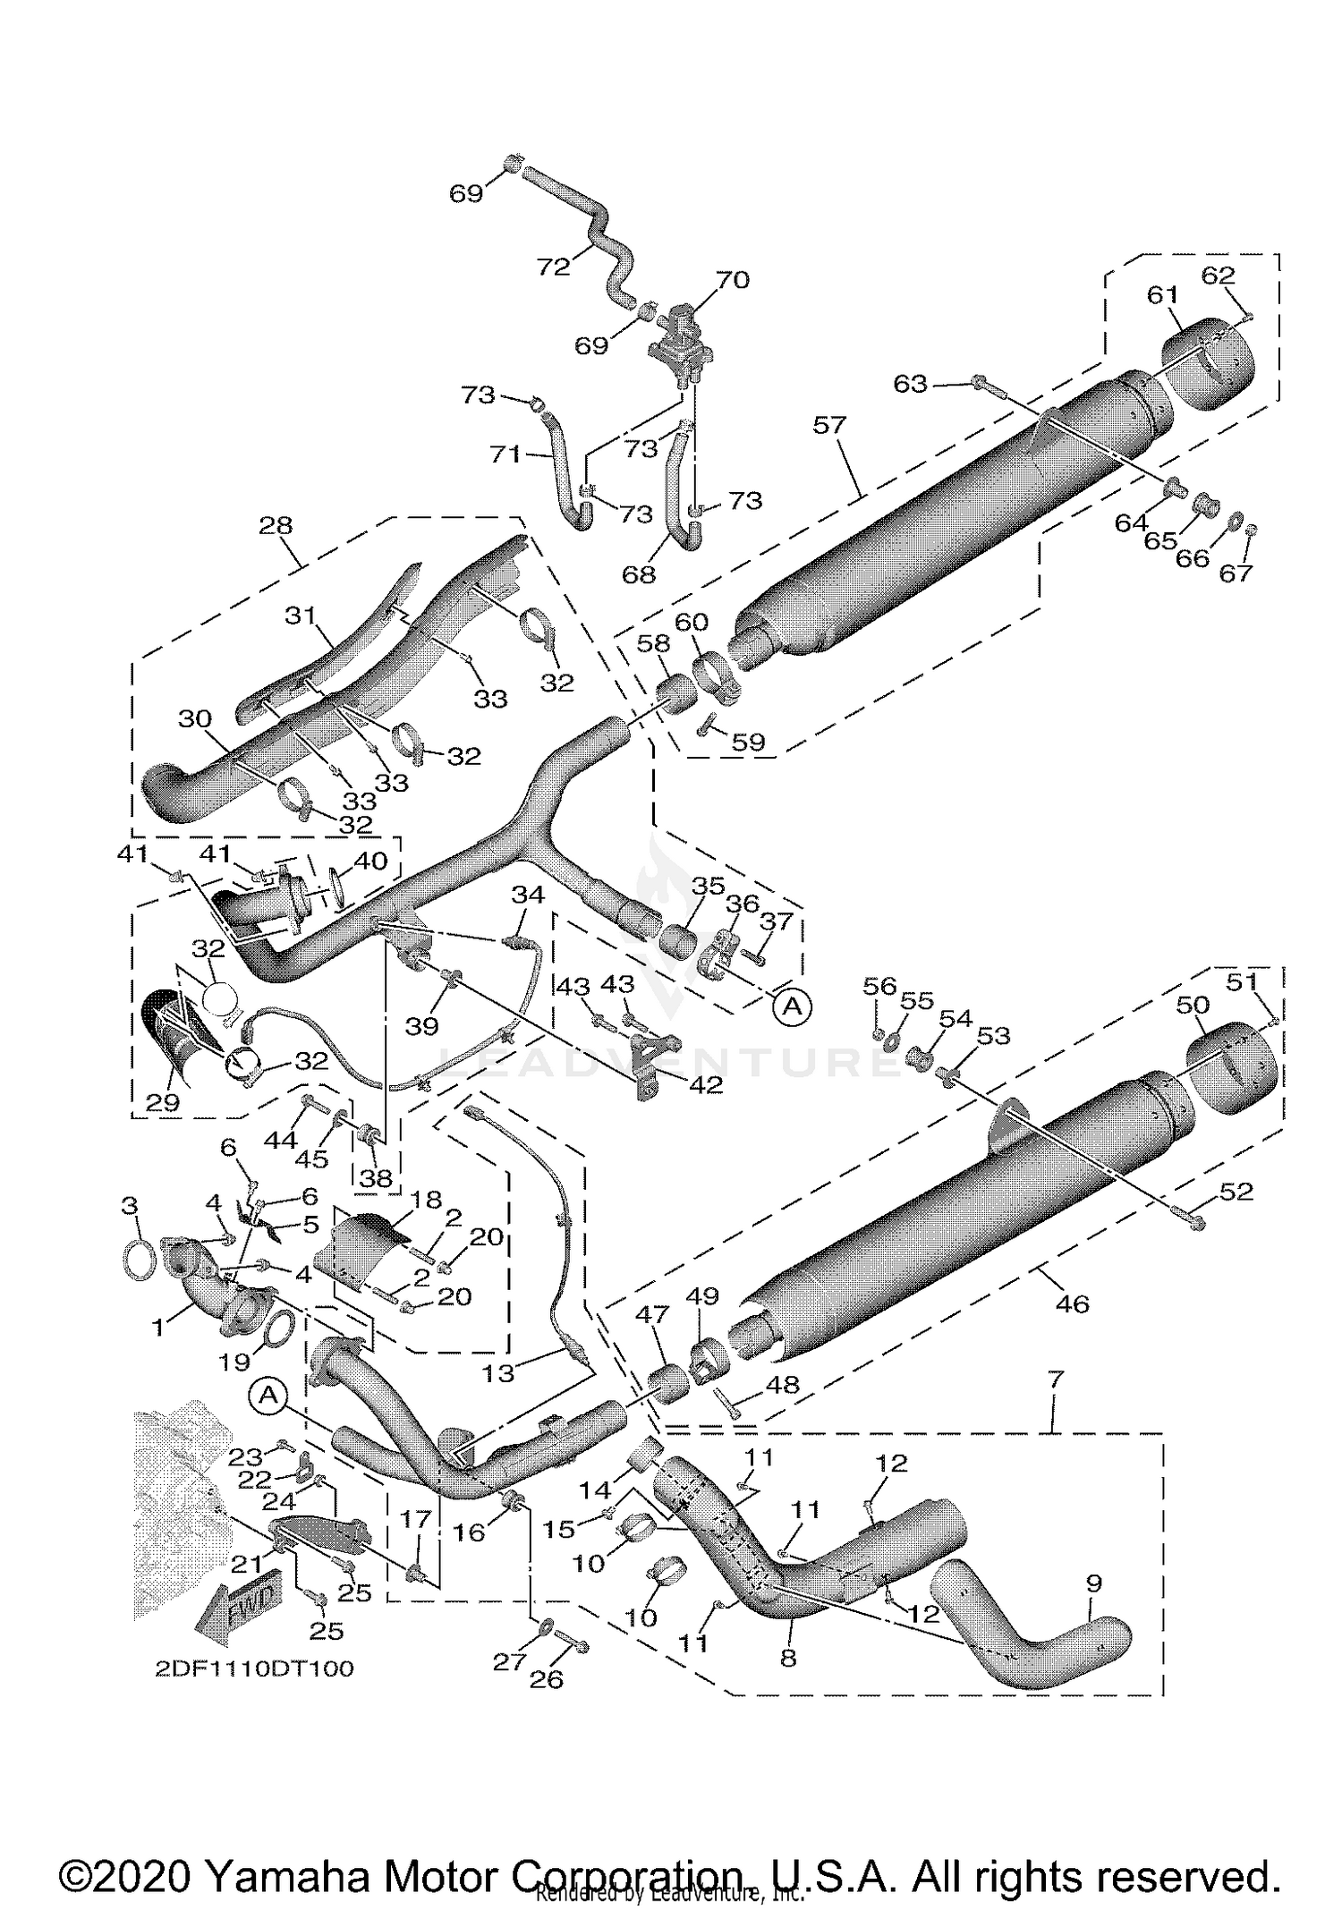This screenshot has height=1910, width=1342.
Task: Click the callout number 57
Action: (829, 424)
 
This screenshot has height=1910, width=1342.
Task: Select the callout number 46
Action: (1072, 1303)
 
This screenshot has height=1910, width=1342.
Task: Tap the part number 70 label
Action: (732, 280)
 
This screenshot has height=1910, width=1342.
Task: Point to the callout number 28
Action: (276, 525)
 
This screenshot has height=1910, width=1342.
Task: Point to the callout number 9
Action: (1093, 1583)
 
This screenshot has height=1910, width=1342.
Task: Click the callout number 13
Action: (497, 1372)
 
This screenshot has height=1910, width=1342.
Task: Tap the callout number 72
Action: (554, 267)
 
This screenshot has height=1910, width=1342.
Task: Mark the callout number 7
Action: (1056, 1379)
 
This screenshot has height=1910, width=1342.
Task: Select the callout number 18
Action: (427, 1200)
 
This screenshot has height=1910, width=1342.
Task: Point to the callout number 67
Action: (1236, 573)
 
